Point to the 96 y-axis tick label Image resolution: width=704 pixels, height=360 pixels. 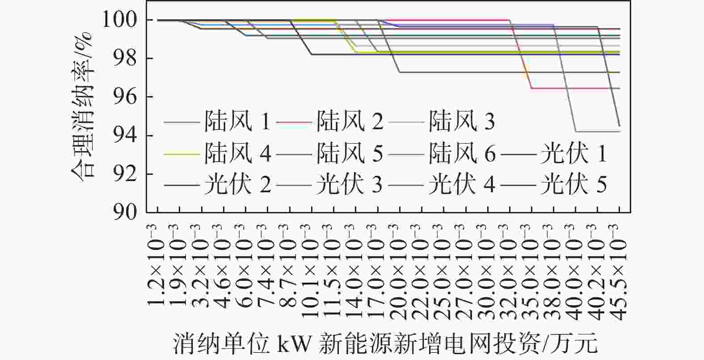coord(125,97)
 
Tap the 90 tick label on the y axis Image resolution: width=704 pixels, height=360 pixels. coord(125,212)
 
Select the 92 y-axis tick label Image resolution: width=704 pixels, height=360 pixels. coord(125,174)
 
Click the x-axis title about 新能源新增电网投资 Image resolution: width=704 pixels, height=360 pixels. coord(385,343)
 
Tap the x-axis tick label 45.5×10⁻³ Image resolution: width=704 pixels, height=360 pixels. coord(618,272)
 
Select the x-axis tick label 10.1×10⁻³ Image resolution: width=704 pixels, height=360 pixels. coord(310,272)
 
